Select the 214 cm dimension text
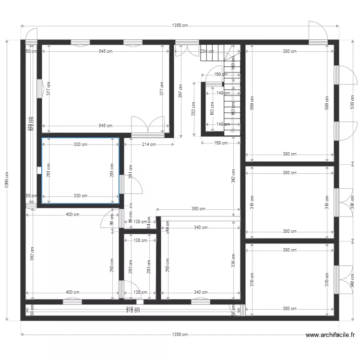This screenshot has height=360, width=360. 149,144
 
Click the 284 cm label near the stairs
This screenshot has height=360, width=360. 207,51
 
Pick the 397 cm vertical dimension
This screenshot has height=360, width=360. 180,92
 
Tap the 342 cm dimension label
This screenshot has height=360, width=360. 233,177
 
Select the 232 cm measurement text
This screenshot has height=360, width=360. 193,109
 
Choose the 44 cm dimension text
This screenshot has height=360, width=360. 168,227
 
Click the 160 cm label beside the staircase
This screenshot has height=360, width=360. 233,63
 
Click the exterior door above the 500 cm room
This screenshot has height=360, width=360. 317,33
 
